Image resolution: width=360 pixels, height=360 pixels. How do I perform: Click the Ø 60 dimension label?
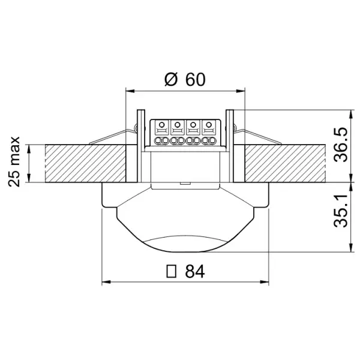[x=185, y=79]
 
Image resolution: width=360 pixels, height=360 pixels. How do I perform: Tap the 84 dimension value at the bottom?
[x=194, y=271]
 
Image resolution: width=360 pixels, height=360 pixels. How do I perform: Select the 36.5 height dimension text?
[x=341, y=145]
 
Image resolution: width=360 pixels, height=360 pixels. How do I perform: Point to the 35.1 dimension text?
[x=341, y=211]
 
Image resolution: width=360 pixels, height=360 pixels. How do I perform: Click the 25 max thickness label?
[x=14, y=161]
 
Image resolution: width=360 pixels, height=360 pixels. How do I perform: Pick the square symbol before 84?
[x=171, y=272]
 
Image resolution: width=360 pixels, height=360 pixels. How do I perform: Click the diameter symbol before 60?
[x=171, y=79]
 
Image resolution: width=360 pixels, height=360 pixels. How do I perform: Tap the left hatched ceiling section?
[x=85, y=163]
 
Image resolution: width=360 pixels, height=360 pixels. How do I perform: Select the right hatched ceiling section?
[x=285, y=163]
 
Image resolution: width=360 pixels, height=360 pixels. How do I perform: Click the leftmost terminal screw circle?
[x=162, y=125]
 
